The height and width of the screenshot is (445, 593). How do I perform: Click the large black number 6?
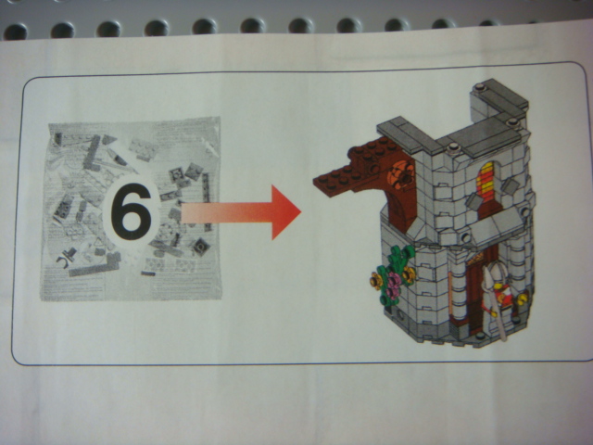131,211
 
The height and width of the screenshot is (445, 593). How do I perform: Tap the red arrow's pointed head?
285,212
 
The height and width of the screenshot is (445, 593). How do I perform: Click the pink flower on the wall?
395,285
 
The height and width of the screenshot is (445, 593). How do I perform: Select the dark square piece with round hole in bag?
200,248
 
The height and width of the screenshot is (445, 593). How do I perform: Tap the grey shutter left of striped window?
473,200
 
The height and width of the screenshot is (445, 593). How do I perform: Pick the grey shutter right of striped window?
511,186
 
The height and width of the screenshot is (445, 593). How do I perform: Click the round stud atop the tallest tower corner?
480,86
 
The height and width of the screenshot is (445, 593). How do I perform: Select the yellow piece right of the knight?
523,299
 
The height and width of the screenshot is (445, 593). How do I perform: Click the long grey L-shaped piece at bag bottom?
94,266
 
